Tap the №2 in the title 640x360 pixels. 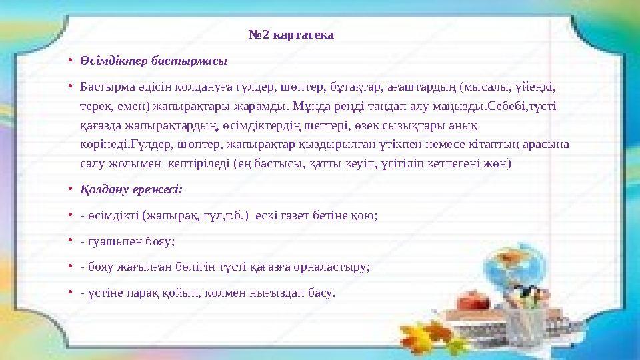coord(261,34)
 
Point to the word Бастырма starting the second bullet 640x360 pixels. coord(103,87)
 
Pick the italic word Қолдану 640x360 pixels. coord(105,189)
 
